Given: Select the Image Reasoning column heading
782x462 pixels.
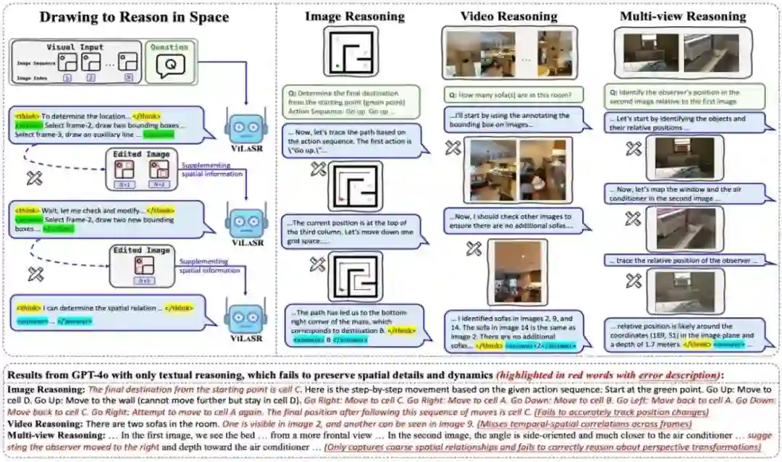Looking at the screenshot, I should click(350, 15).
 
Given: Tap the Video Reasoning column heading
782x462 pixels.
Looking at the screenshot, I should click(509, 15).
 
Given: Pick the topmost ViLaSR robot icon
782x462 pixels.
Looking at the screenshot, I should click(245, 127).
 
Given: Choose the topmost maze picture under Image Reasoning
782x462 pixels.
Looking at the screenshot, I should click(350, 51).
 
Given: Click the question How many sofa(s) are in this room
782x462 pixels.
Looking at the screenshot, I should click(510, 94).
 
